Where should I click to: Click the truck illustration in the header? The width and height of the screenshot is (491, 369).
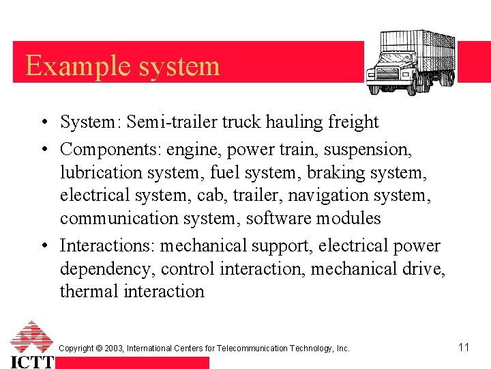point(411,62)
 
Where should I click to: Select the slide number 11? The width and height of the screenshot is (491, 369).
point(464,347)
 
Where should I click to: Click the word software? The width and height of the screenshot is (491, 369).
point(277,218)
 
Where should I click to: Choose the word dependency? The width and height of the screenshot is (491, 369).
point(105,269)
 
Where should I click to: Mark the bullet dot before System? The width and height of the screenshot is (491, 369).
point(43,123)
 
